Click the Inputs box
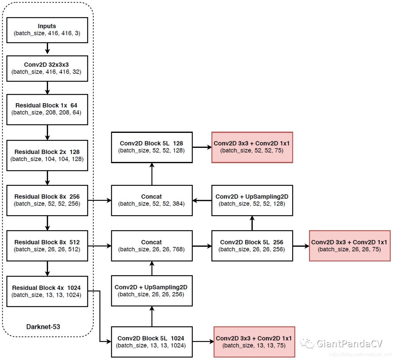tap(47, 30)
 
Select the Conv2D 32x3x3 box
tap(47, 68)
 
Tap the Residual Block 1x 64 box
tap(47, 109)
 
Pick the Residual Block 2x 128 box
tap(47, 155)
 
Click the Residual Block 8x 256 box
tap(47, 200)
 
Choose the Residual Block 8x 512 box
tap(47, 245)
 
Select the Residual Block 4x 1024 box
tap(47, 291)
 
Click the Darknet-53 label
tap(43, 326)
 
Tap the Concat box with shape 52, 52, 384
tap(152, 200)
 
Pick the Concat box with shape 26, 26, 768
tap(152, 245)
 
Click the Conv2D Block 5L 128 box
tap(152, 147)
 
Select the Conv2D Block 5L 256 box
tap(252, 245)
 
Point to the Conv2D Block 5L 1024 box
tap(152, 342)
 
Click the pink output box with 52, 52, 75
tap(252, 147)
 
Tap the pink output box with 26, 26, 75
tap(350, 245)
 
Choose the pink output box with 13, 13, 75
tap(254, 342)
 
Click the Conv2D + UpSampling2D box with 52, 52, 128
tap(252, 200)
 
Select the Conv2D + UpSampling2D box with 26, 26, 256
tap(152, 291)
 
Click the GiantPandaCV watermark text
tap(349, 344)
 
